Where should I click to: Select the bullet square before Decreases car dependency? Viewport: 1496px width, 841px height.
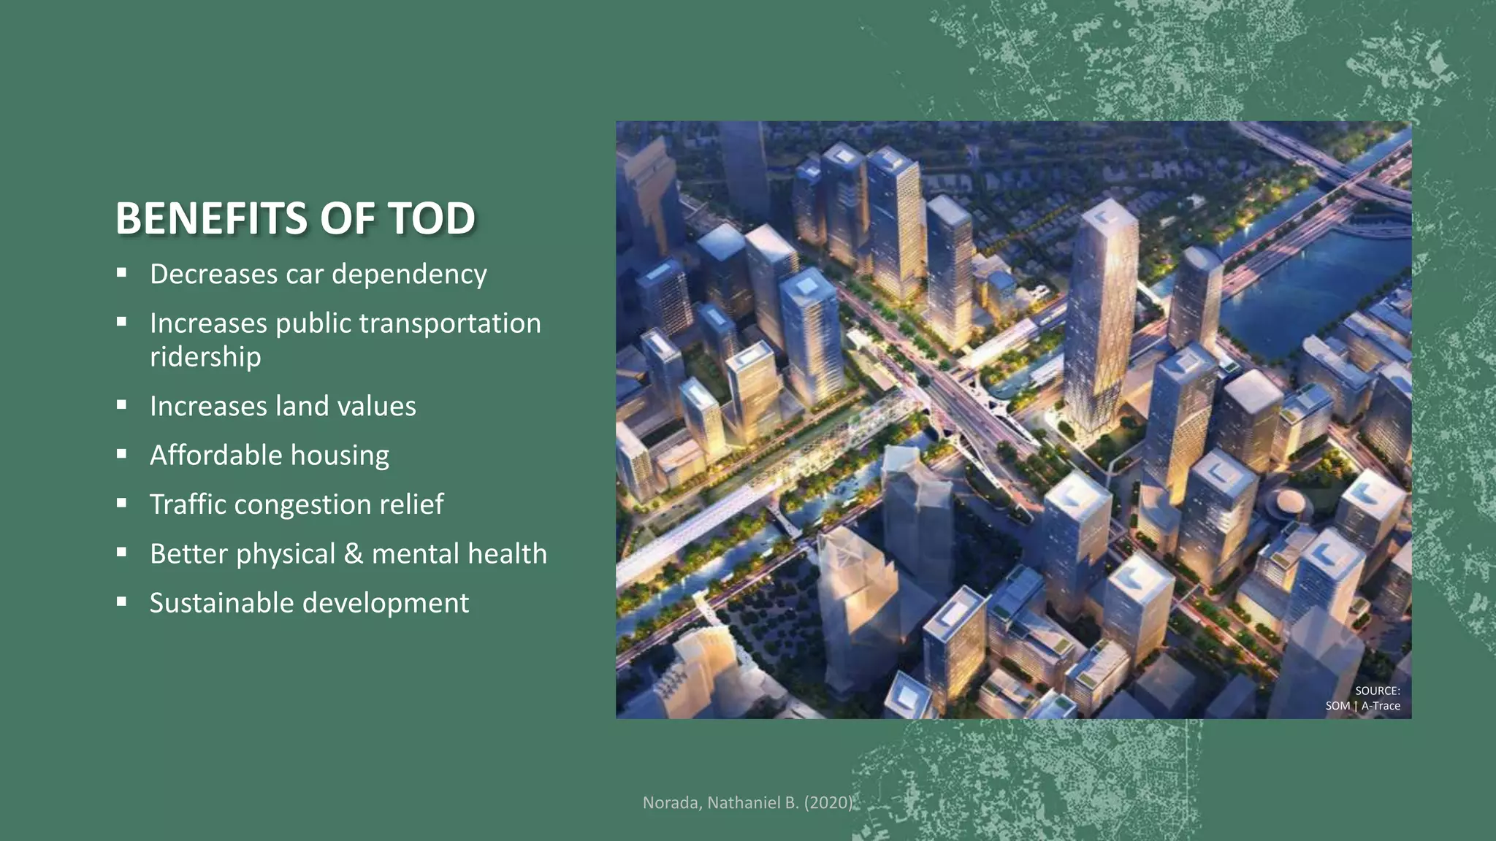[x=121, y=273]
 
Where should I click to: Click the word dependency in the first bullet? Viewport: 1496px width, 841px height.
[x=408, y=274]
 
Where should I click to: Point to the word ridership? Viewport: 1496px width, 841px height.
[x=205, y=357]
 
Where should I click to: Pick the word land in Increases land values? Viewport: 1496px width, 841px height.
[x=302, y=406]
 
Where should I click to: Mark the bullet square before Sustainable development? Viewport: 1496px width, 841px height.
[x=121, y=602]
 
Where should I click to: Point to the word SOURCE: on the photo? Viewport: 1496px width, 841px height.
[x=1377, y=691]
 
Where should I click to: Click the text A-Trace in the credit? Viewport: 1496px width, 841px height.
[x=1381, y=706]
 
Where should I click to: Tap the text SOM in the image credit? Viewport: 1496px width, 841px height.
[x=1337, y=706]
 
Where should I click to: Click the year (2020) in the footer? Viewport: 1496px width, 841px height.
[x=828, y=803]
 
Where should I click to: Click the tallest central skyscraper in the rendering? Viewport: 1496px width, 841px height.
[x=1099, y=314]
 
